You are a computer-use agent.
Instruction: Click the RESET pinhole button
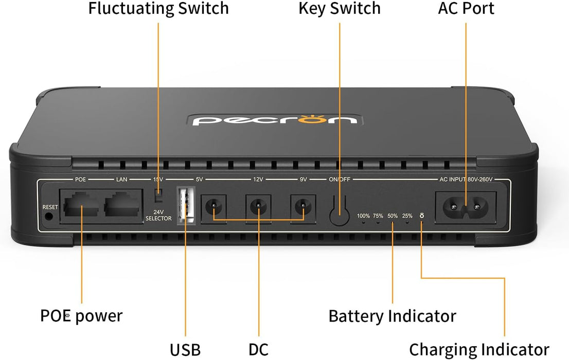coord(49,217)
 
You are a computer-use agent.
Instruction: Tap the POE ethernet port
coord(81,205)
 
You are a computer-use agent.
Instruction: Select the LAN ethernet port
coord(122,205)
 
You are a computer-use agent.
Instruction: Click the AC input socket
coord(466,207)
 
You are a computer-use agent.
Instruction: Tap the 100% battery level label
coord(363,216)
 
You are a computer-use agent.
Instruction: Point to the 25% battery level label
coord(407,216)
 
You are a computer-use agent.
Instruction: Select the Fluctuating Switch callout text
coord(158,8)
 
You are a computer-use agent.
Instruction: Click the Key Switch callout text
coord(340,8)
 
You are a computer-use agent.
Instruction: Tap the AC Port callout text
coord(466,8)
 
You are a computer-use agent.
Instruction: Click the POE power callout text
coord(81,315)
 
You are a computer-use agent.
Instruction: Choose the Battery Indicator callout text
coord(392,315)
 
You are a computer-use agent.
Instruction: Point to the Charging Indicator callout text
coord(479,349)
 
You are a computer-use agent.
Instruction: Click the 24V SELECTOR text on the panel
coord(158,215)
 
